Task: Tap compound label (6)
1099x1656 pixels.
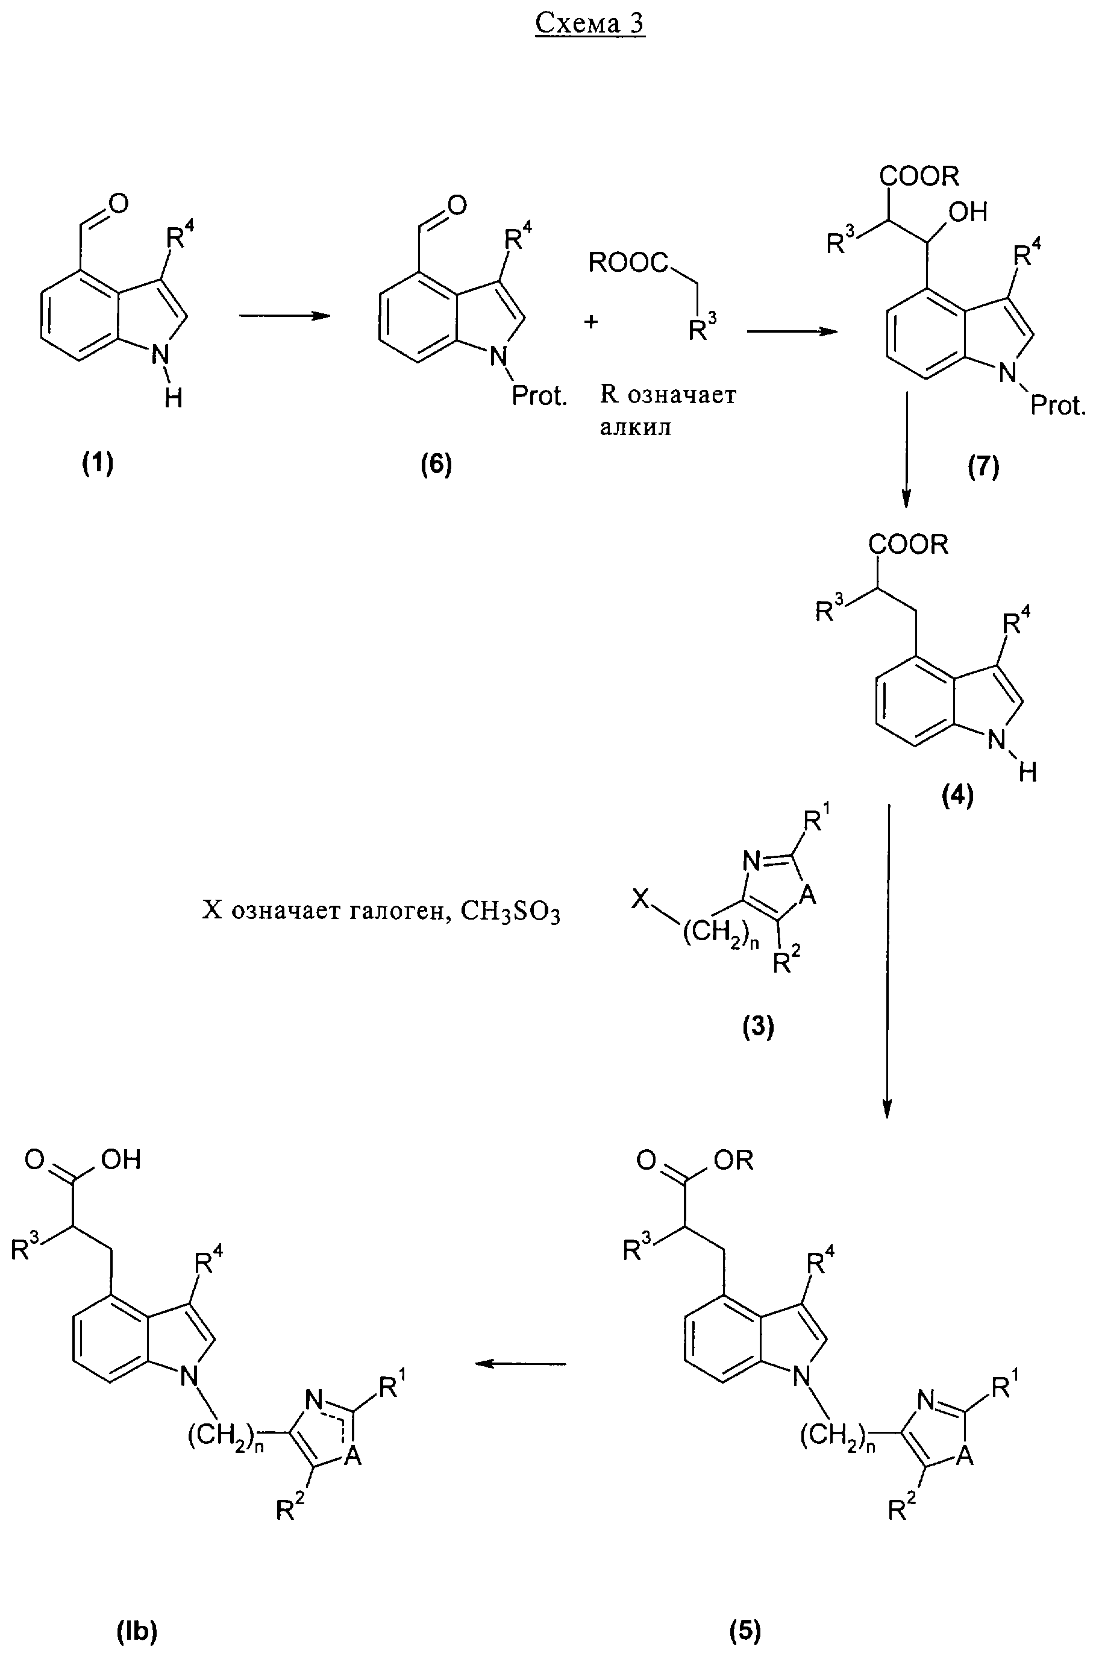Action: (436, 464)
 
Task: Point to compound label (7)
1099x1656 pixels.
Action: (983, 466)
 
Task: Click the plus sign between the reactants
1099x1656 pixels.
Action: (592, 322)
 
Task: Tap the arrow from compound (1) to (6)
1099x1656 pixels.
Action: (284, 316)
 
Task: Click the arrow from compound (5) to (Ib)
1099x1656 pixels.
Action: (520, 1363)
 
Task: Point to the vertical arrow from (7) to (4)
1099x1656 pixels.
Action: (906, 448)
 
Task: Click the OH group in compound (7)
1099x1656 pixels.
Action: (967, 211)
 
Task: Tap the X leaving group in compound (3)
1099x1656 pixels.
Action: (639, 898)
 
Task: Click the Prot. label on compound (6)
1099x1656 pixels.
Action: (538, 397)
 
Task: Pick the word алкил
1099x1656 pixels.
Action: (635, 427)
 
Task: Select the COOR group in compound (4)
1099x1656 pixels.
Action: (909, 544)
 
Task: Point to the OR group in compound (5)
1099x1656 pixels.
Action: (734, 1161)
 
